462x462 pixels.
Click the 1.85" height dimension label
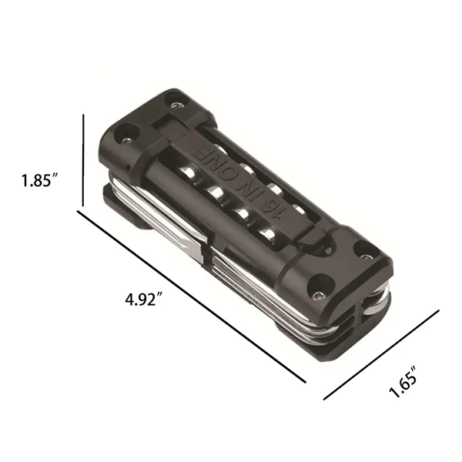[39, 180]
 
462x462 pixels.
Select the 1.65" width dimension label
[403, 382]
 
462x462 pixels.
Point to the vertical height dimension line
[83, 160]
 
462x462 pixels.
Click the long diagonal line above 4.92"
[192, 296]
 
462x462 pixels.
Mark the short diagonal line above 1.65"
[381, 355]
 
